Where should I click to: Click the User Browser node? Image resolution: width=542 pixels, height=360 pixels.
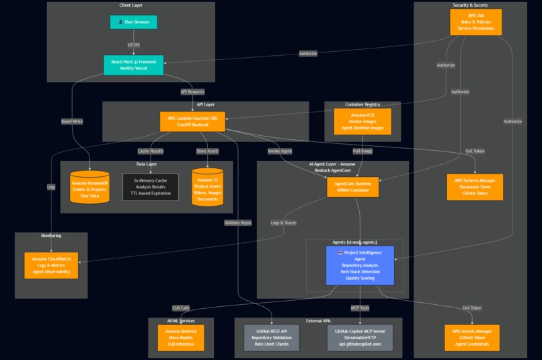tap(134, 22)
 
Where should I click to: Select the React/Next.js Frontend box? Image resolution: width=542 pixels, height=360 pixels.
tap(134, 65)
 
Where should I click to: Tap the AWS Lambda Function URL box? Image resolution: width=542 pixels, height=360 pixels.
tap(192, 122)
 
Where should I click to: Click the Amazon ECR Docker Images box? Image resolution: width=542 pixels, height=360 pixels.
tap(362, 122)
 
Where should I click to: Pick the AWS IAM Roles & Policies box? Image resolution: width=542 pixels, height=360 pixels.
tap(475, 22)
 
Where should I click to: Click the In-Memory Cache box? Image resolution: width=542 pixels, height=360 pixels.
tap(151, 186)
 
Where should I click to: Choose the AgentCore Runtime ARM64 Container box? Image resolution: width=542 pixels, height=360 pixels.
tap(352, 187)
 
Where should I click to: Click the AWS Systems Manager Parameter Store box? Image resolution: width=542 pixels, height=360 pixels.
tap(475, 186)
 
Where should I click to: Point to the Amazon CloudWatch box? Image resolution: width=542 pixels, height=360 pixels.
tap(51, 265)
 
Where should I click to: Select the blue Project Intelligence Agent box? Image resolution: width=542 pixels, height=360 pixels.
tap(360, 265)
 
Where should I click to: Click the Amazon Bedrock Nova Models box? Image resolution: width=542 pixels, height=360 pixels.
tap(180, 338)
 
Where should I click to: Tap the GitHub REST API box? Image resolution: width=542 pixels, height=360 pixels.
tap(271, 338)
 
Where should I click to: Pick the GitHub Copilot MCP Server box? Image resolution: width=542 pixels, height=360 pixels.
tap(359, 338)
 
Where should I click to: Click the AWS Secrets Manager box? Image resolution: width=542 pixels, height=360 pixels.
tap(472, 338)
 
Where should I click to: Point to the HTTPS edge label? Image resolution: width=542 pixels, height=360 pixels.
tap(134, 45)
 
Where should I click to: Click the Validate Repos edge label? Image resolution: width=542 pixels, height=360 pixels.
tap(238, 222)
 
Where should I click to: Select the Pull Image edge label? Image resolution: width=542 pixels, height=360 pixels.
tap(362, 151)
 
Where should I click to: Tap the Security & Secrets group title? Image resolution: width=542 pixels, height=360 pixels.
tap(470, 5)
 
